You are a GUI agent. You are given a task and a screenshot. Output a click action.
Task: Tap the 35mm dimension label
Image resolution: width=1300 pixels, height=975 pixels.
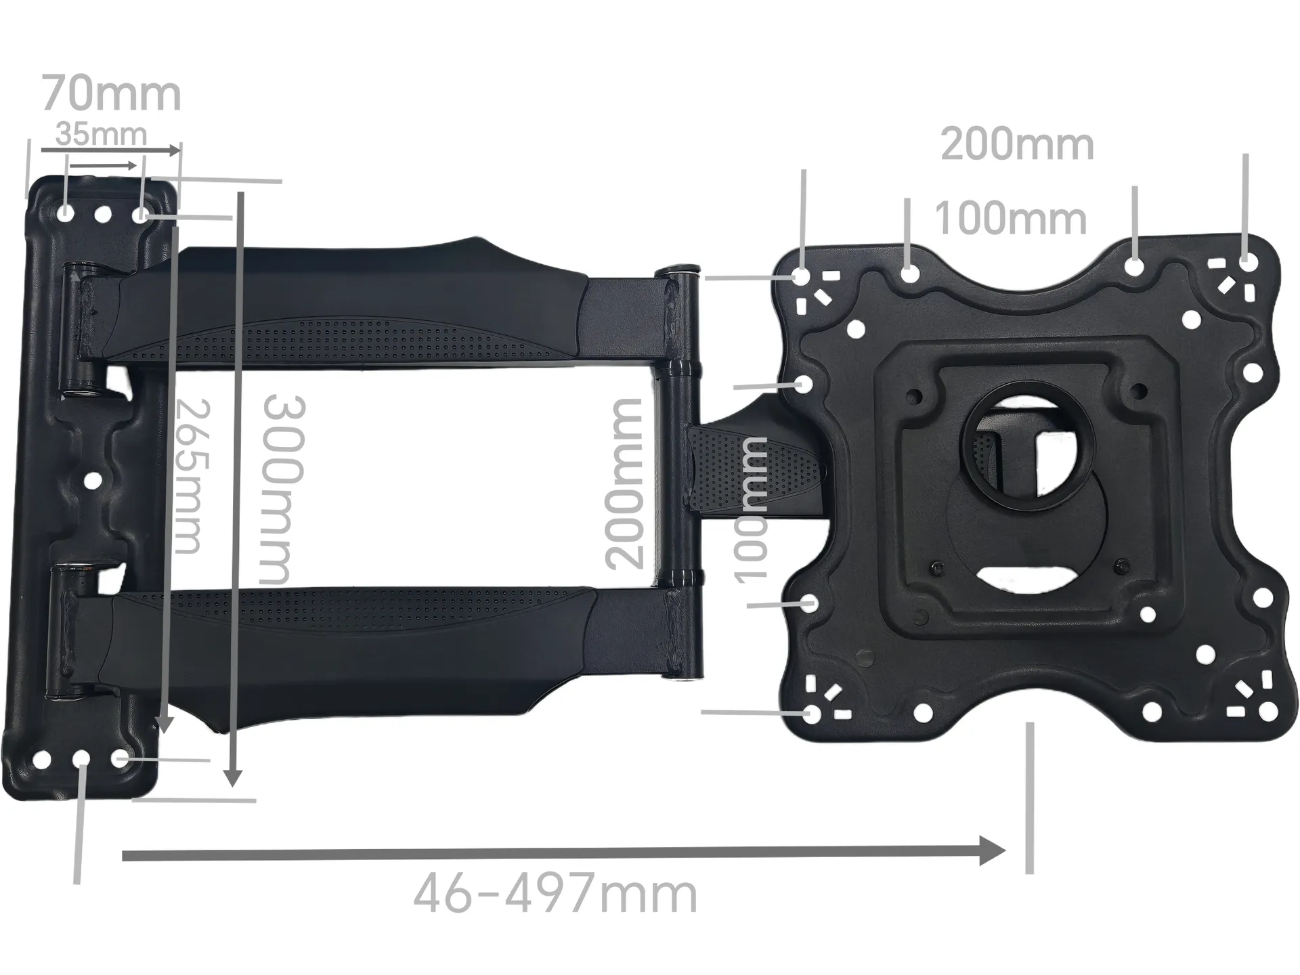(x=101, y=134)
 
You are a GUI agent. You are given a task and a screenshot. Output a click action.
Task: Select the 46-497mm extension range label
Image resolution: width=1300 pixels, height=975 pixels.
(x=555, y=894)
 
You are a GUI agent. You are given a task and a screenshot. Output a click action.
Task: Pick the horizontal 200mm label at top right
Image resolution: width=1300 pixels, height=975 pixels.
(x=1017, y=145)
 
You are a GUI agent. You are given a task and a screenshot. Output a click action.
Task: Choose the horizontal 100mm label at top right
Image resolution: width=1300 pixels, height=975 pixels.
(x=1010, y=219)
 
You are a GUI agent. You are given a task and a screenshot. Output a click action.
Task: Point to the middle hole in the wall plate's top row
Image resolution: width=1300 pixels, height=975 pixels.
(x=103, y=215)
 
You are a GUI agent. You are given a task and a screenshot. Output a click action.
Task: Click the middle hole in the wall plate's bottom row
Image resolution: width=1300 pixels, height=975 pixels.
(x=81, y=758)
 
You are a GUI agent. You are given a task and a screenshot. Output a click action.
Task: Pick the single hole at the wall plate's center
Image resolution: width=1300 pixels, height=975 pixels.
(x=93, y=481)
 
